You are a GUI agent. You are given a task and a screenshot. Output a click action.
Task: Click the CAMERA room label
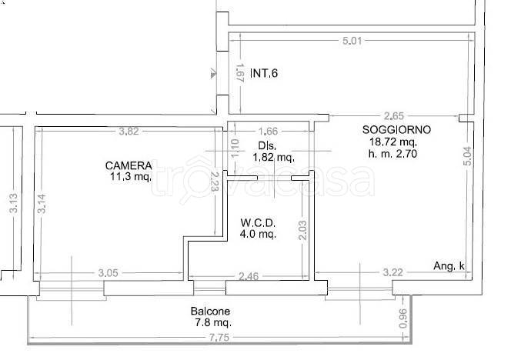(129, 165)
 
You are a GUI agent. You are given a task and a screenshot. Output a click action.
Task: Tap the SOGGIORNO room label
(396, 129)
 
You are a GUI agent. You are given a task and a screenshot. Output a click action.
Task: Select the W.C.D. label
(258, 222)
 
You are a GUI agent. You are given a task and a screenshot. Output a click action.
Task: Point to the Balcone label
(210, 312)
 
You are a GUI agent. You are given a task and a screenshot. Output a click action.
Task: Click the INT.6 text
(264, 73)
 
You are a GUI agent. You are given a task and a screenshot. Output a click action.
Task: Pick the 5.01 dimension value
(352, 41)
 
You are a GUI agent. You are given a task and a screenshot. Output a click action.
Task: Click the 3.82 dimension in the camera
(129, 132)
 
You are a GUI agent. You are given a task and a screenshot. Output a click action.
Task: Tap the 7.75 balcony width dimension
(219, 338)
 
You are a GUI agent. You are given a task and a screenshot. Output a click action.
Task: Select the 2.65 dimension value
(394, 116)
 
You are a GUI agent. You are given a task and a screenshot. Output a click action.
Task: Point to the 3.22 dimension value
(392, 272)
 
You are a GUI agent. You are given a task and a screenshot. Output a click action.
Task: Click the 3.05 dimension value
(108, 273)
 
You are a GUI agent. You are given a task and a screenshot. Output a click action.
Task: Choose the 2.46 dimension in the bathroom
(249, 276)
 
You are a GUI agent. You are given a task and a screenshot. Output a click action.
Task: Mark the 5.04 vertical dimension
(467, 156)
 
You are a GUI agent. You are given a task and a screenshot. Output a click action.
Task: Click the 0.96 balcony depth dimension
(402, 318)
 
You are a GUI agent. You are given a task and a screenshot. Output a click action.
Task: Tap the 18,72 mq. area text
(393, 142)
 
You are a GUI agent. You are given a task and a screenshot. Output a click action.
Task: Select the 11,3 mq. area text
(131, 176)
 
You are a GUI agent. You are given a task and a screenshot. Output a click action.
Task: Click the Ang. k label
(449, 266)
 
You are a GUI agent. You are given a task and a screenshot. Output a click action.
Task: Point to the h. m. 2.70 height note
(392, 154)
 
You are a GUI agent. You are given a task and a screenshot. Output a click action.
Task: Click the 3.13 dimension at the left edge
(14, 203)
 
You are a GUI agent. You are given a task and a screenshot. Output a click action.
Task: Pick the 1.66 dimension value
(268, 132)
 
